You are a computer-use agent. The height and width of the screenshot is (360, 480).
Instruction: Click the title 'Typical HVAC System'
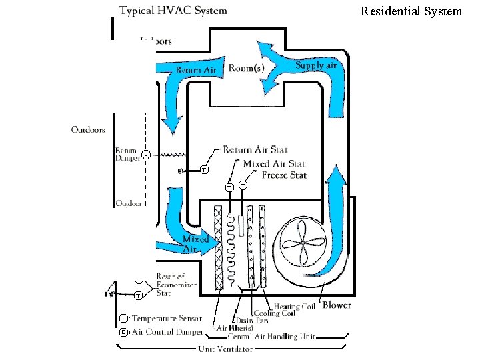coord(173,11)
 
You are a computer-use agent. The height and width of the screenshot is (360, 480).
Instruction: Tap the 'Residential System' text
coord(411,11)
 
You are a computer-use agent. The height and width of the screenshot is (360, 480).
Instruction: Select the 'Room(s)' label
coord(246,67)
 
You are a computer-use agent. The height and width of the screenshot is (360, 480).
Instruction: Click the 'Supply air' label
coord(315,65)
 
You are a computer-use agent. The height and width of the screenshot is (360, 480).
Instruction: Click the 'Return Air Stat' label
coord(255,149)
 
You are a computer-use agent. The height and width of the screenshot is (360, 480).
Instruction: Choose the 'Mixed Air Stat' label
coord(274,163)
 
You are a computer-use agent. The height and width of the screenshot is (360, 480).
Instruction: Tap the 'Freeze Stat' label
coord(284,175)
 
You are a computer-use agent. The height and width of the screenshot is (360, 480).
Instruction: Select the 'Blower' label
coord(337,305)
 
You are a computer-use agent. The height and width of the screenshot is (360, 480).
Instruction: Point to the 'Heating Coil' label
coord(295,307)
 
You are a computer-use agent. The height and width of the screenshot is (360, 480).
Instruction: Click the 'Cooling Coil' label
coord(273,313)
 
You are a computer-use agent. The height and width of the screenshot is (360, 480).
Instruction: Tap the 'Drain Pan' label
coord(251,321)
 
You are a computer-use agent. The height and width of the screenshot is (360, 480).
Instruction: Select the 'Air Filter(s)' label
coord(235,328)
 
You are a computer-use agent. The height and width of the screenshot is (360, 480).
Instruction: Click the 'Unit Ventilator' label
coord(225,349)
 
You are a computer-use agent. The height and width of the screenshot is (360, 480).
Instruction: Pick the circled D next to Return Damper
coord(145,155)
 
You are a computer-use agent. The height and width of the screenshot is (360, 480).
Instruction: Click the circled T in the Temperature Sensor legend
coord(124,319)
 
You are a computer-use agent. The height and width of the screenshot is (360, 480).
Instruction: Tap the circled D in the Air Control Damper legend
coord(124,332)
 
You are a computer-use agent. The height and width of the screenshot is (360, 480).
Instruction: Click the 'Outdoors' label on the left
coord(88,129)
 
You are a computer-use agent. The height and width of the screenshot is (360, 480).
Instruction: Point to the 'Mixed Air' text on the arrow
coord(195,244)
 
